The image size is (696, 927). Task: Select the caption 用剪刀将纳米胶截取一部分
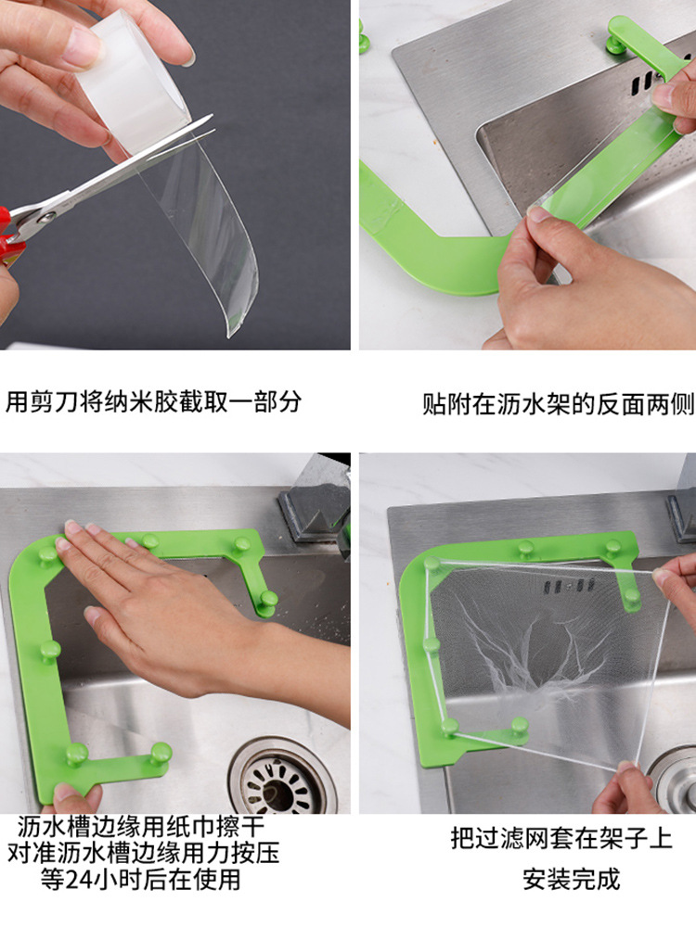tap(154, 402)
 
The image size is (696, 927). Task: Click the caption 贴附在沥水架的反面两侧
tap(558, 404)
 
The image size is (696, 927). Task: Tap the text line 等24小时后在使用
tap(141, 879)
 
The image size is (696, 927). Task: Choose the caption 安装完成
tap(571, 879)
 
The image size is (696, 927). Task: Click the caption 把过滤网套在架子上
tap(561, 838)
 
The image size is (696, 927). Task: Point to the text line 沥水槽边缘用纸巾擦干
tap(141, 826)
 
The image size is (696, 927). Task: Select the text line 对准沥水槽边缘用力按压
tap(143, 853)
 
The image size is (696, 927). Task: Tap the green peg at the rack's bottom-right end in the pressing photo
tap(160, 755)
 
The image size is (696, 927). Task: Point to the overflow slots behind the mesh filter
tap(569, 587)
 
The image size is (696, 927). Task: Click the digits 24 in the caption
tap(80, 880)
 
